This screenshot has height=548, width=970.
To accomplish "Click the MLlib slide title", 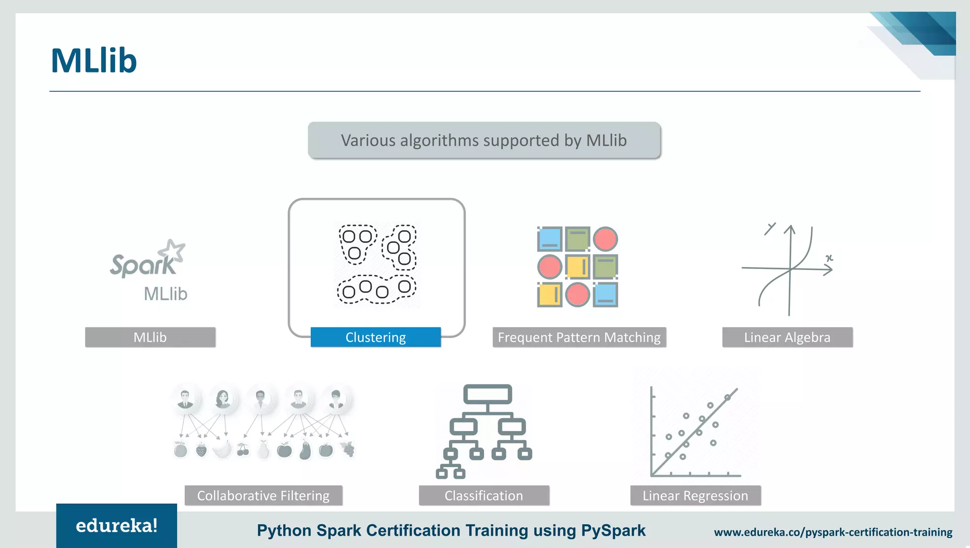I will pos(94,61).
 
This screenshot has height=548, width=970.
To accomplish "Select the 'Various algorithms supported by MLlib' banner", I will pos(484,141).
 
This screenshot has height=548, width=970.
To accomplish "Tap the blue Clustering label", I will pos(376,337).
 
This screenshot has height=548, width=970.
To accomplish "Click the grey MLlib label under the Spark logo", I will pos(150,337).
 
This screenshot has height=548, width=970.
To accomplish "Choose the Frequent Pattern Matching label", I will pos(579,337).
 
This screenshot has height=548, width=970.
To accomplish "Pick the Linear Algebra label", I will pos(787,337).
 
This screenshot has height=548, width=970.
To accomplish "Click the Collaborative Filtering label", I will pos(263,495).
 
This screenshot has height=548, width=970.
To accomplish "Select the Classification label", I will pos(484,495).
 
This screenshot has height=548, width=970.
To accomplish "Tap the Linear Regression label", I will pos(695,495).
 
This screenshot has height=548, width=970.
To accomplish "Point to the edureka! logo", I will pos(117,526).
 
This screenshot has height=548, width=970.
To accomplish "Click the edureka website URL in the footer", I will pos(833,532).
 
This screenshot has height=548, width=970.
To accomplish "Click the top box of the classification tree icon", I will pos(487,394).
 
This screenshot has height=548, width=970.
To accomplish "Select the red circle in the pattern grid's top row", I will pos(605,239).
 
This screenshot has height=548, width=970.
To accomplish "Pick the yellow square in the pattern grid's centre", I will pos(578,267).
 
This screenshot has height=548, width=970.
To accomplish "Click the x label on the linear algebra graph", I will pos(829,258).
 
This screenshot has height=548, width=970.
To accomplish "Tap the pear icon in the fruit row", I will pos(263,449).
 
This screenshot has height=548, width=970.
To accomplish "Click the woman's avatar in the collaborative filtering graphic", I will pos(223,399).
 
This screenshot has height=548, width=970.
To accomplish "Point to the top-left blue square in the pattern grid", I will pos(550,239).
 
